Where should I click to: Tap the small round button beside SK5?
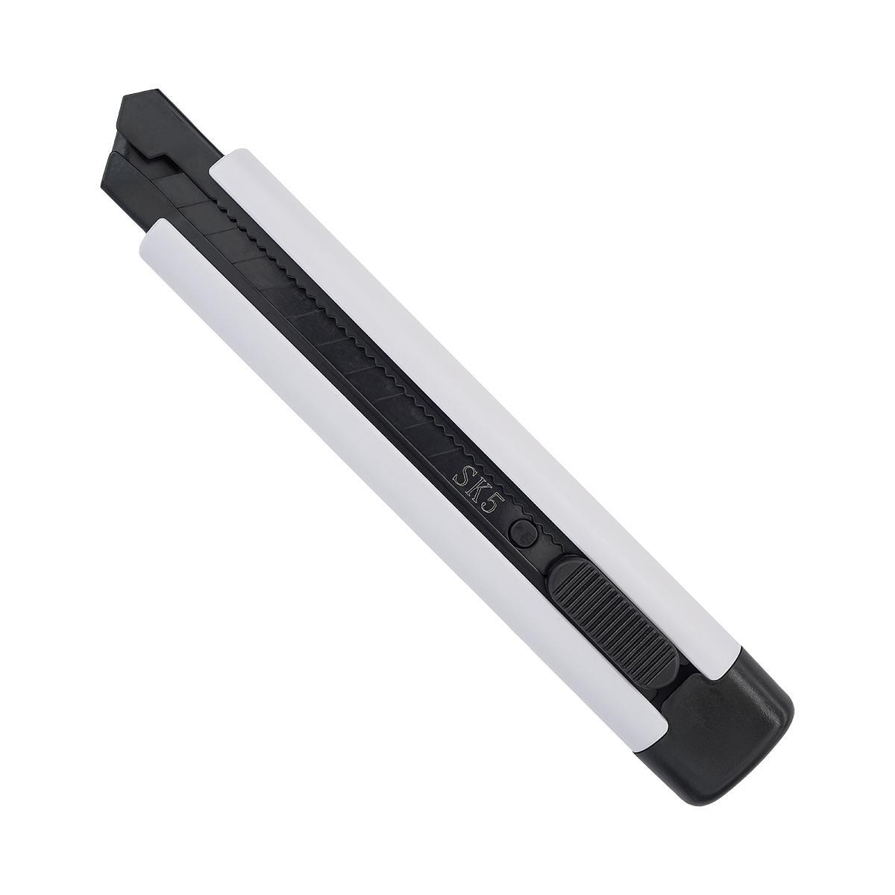[523, 532]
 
